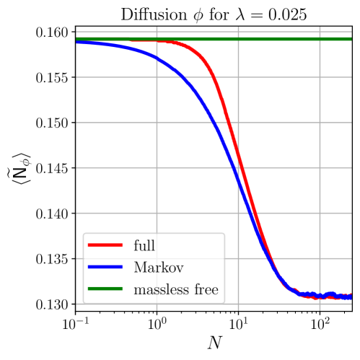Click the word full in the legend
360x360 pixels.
pos(144,246)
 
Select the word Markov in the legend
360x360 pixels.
pos(159,268)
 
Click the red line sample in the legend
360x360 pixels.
pos(105,246)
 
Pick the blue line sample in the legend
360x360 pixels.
pos(105,268)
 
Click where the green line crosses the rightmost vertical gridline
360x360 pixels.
pos(320,39)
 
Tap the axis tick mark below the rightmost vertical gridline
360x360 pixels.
pos(320,309)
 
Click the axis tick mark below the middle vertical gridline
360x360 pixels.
pos(239,309)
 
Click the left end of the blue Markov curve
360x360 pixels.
pos(78,43)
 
